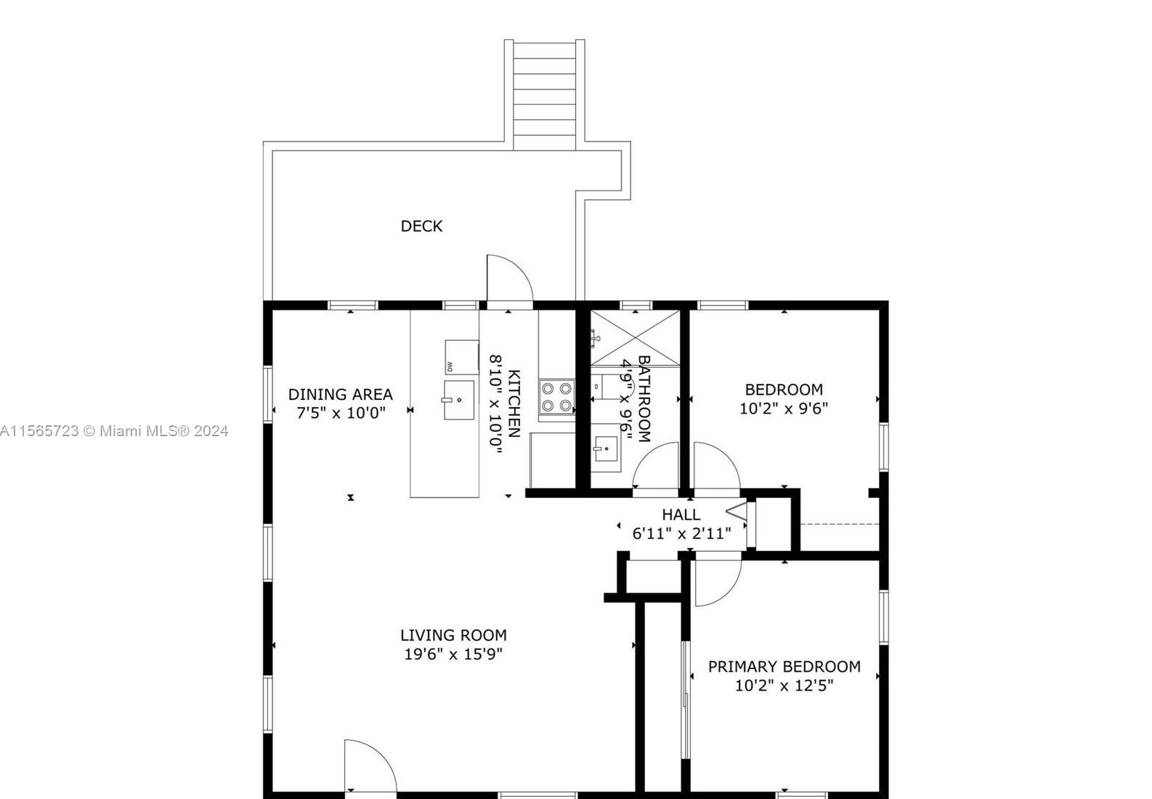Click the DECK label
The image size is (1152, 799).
(421, 226)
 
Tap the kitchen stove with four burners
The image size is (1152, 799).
(556, 397)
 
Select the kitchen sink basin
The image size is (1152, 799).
(459, 400)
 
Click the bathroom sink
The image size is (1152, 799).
(606, 448)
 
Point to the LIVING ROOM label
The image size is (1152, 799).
(453, 635)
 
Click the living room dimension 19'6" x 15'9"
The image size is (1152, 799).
(453, 654)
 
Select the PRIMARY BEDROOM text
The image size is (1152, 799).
(784, 666)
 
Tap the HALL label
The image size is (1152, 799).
(681, 514)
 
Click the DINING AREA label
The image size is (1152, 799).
(340, 394)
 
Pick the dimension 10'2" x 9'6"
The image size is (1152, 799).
(784, 409)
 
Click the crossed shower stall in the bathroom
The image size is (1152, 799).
(635, 338)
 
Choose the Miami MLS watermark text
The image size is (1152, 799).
(113, 431)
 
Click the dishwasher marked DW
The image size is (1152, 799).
(461, 357)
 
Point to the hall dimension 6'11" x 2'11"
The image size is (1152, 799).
(681, 534)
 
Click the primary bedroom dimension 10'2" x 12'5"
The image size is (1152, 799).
(784, 686)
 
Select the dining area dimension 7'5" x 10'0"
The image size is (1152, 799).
(341, 412)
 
